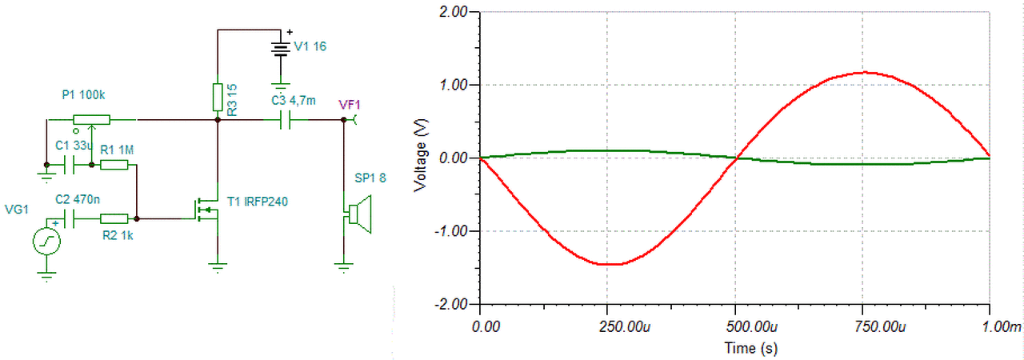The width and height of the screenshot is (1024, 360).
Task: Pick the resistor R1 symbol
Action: [114, 166]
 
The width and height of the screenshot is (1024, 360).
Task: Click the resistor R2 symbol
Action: [114, 218]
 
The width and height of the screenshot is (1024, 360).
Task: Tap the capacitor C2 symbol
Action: [70, 218]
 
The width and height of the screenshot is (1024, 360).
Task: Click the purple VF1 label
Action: [350, 102]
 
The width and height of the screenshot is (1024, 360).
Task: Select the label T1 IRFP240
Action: [258, 201]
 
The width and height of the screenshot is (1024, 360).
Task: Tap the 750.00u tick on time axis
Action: [862, 326]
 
